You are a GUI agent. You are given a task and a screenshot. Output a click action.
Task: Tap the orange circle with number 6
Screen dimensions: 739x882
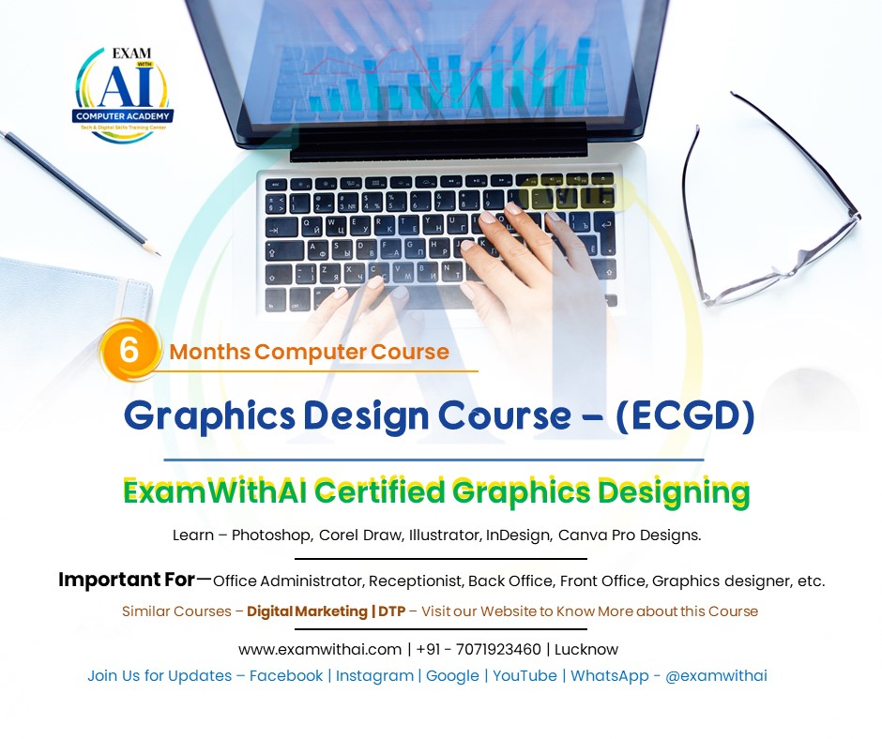click(129, 350)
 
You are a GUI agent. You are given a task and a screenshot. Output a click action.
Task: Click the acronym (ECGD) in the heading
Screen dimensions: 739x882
click(685, 418)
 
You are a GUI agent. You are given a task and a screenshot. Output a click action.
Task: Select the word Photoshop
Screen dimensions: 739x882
click(271, 535)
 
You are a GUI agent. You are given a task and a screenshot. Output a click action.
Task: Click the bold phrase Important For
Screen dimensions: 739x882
click(126, 581)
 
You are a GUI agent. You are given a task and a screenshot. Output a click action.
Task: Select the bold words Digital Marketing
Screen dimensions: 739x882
click(307, 611)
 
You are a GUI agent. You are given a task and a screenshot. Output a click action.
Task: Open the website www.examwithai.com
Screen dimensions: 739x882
click(319, 649)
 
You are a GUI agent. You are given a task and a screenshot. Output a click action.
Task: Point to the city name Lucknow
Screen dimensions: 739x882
click(588, 649)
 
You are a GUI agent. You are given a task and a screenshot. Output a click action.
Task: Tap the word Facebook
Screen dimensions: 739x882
click(286, 676)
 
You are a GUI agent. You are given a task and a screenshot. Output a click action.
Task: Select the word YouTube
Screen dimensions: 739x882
click(525, 676)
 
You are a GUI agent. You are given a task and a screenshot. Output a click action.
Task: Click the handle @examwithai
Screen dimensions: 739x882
click(716, 676)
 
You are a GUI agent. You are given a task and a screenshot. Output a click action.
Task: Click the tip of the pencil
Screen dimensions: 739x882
click(158, 253)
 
